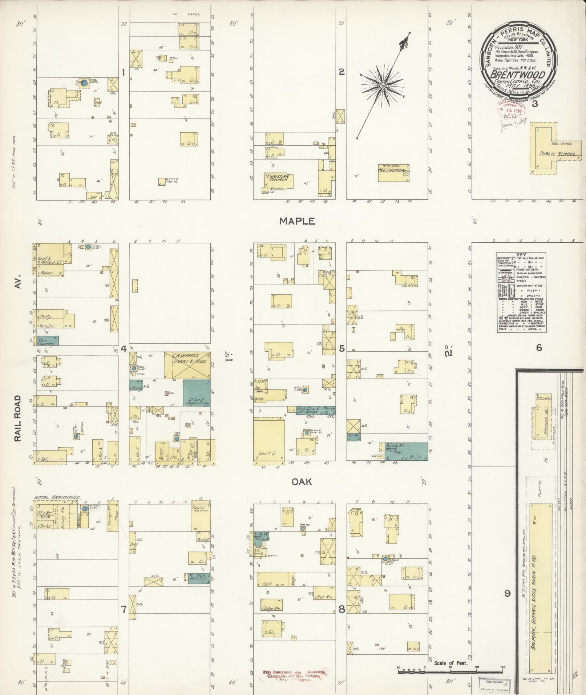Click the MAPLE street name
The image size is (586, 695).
click(x=297, y=221)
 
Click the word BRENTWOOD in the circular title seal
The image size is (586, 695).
click(x=518, y=75)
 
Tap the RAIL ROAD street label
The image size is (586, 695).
click(x=19, y=419)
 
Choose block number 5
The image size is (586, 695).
click(x=342, y=348)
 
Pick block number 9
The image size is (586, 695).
click(x=508, y=594)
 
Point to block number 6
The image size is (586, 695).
click(x=538, y=348)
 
